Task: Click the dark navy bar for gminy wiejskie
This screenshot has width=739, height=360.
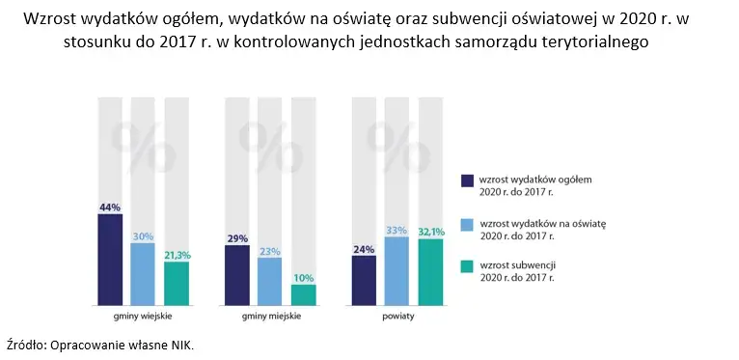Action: [110, 259]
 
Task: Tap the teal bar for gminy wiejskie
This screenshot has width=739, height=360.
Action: [177, 283]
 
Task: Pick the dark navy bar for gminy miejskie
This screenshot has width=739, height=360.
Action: [237, 274]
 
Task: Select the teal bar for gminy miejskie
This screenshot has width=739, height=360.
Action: [303, 293]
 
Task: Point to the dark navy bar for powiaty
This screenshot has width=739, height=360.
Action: [364, 279]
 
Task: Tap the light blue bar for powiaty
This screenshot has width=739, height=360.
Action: [397, 270]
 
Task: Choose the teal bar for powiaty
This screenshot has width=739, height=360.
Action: [429, 271]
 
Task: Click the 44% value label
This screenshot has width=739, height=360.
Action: [110, 207]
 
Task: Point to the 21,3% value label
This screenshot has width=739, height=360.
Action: [177, 255]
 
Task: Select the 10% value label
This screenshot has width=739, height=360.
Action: [303, 277]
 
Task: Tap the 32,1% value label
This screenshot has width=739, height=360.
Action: [429, 232]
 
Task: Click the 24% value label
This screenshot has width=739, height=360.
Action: [364, 248]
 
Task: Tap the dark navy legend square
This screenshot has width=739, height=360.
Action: [468, 181]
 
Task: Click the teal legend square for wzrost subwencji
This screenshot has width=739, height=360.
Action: [468, 267]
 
